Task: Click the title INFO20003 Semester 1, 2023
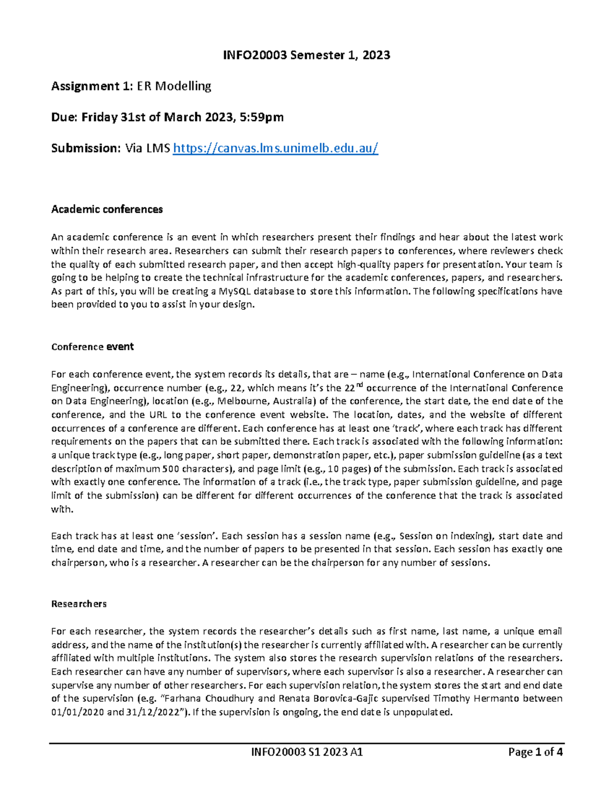coord(306,55)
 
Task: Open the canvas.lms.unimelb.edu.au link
coord(276,148)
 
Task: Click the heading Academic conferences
coord(107,209)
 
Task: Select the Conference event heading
coord(93,347)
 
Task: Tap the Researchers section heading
coord(79,604)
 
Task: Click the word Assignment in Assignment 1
coord(83,86)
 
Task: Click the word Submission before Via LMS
coord(84,148)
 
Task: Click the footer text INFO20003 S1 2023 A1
coord(306,752)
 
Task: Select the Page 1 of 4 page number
coord(535,752)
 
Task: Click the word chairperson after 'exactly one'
coord(76,563)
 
